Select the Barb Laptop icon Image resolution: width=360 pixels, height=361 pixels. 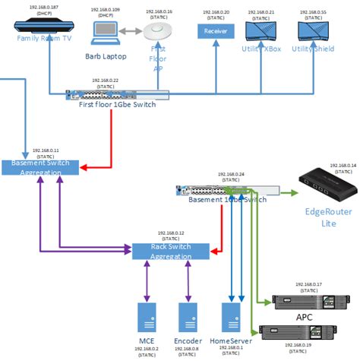point(105,33)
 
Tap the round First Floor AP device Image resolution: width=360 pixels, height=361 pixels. point(159,32)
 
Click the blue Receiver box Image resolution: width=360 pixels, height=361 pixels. point(216,31)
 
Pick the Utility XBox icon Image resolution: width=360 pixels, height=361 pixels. point(262,31)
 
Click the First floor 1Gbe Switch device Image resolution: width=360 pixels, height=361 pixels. point(117,94)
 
